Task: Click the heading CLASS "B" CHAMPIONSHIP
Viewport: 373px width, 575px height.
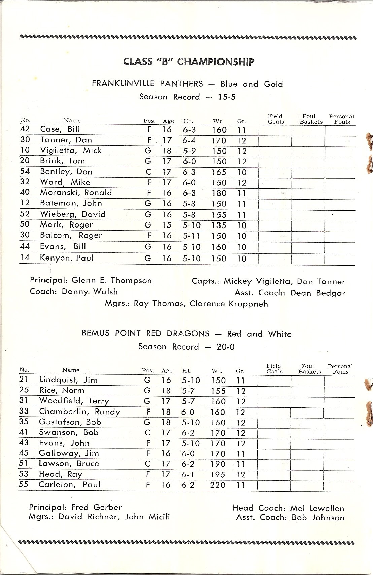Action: pos(189,62)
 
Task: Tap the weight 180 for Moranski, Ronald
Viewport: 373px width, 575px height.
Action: pos(219,193)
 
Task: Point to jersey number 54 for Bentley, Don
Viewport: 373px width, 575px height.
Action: pos(25,171)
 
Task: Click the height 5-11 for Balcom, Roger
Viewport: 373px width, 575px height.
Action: pos(192,236)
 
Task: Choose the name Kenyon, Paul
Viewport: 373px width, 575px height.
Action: pos(67,258)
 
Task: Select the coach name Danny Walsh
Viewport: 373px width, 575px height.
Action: pos(90,292)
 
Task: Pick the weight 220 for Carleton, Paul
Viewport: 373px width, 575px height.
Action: pos(218,485)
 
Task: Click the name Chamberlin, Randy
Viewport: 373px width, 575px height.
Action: pos(79,412)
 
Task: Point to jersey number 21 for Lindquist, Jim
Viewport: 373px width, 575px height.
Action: pos(24,380)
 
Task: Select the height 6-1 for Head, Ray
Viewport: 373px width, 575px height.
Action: pos(188,475)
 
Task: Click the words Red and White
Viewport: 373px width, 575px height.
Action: pos(259,334)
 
